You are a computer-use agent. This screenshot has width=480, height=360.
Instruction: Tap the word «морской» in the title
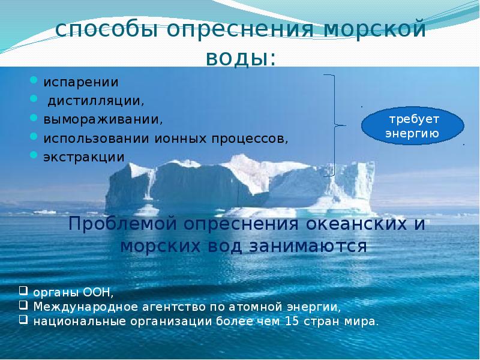coord(374,29)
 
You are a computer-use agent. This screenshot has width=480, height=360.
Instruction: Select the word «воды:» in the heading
coord(241,58)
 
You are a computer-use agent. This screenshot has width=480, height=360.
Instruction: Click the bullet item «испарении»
coord(81,82)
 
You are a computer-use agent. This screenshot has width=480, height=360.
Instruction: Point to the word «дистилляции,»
coord(96,101)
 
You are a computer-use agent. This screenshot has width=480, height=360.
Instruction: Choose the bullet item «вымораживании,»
coord(103,119)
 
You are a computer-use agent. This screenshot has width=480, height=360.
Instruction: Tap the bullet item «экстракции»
coord(84,157)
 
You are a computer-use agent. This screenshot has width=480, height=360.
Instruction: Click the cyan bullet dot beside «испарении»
coord(34,80)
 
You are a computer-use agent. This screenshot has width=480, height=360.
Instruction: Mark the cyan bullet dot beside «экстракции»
coord(34,155)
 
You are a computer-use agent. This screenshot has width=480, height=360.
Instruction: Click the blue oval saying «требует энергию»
coord(413,126)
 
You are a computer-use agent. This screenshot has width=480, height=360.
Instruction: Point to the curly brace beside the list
coord(335,125)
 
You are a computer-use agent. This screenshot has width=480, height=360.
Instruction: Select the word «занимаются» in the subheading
coord(308,246)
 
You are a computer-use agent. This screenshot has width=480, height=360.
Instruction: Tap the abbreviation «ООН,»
coord(98,293)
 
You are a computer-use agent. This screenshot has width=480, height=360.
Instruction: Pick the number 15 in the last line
coord(292,322)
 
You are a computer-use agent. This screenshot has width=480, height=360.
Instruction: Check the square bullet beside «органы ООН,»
coord(23,290)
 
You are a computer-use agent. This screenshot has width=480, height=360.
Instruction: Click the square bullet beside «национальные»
coord(23,320)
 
